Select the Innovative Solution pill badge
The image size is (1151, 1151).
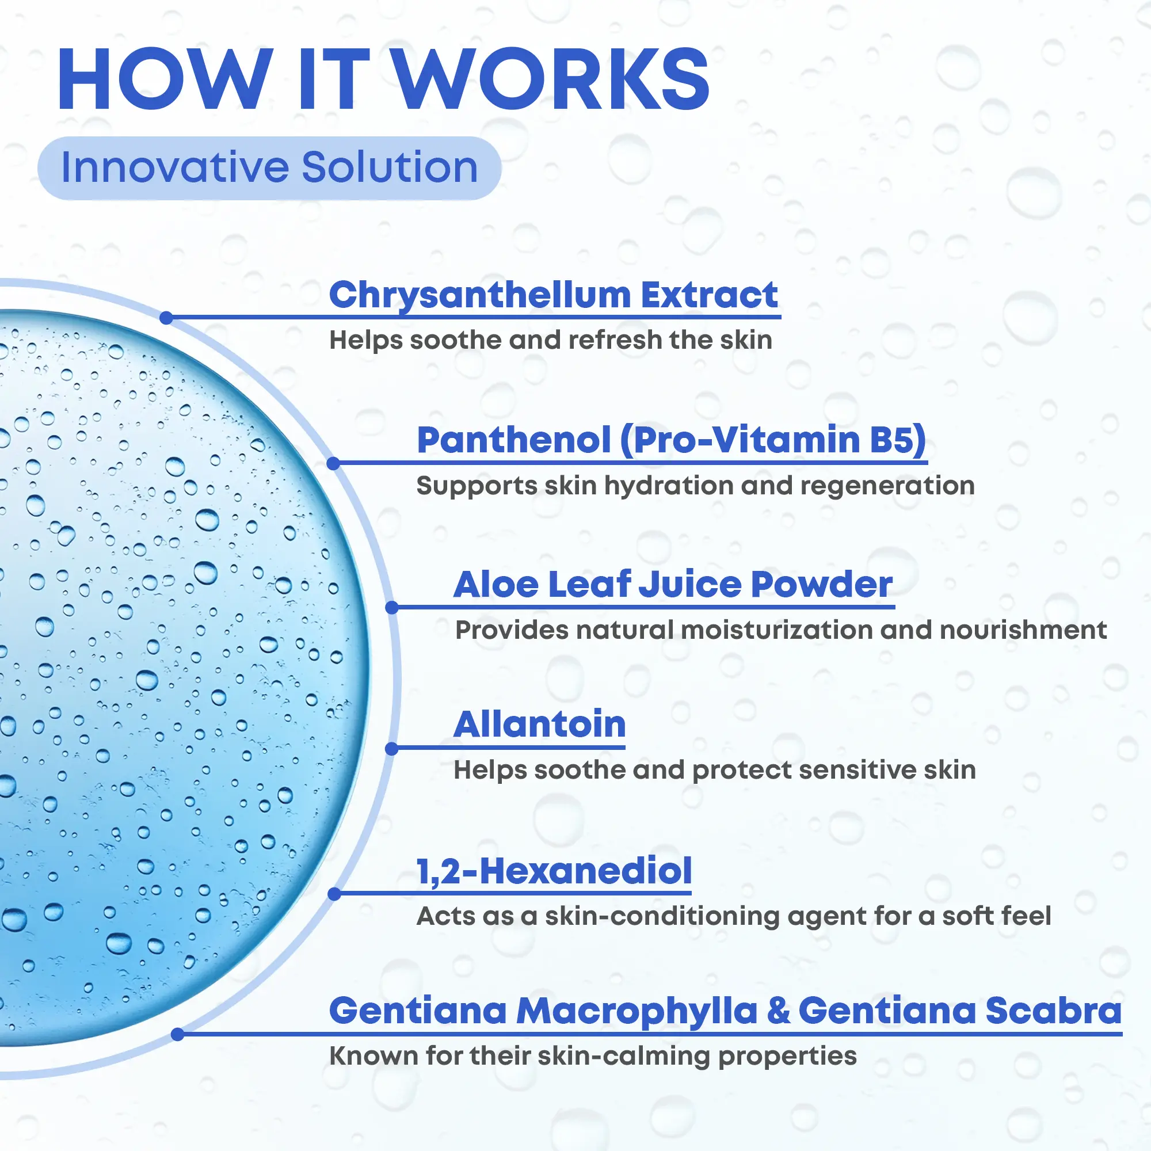coord(269,167)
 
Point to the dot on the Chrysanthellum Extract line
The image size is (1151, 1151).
coord(167,318)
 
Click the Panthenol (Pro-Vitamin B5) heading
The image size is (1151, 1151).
coord(672,440)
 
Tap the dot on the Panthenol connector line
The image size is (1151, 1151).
coord(334,463)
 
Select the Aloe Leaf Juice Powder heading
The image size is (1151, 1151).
coord(673,585)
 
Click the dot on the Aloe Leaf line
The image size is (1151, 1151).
coord(392,608)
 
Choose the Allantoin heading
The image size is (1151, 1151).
coord(540,725)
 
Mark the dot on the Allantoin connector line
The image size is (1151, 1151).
coord(392,749)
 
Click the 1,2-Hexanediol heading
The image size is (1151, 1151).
coord(554,871)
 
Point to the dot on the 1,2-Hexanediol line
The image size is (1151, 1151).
coord(334,894)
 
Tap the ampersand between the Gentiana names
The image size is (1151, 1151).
coord(778,1011)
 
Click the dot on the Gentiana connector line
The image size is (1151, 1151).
coord(177,1035)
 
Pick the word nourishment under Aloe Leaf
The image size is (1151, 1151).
coord(1023,630)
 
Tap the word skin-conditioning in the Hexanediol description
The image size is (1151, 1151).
coord(662,917)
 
